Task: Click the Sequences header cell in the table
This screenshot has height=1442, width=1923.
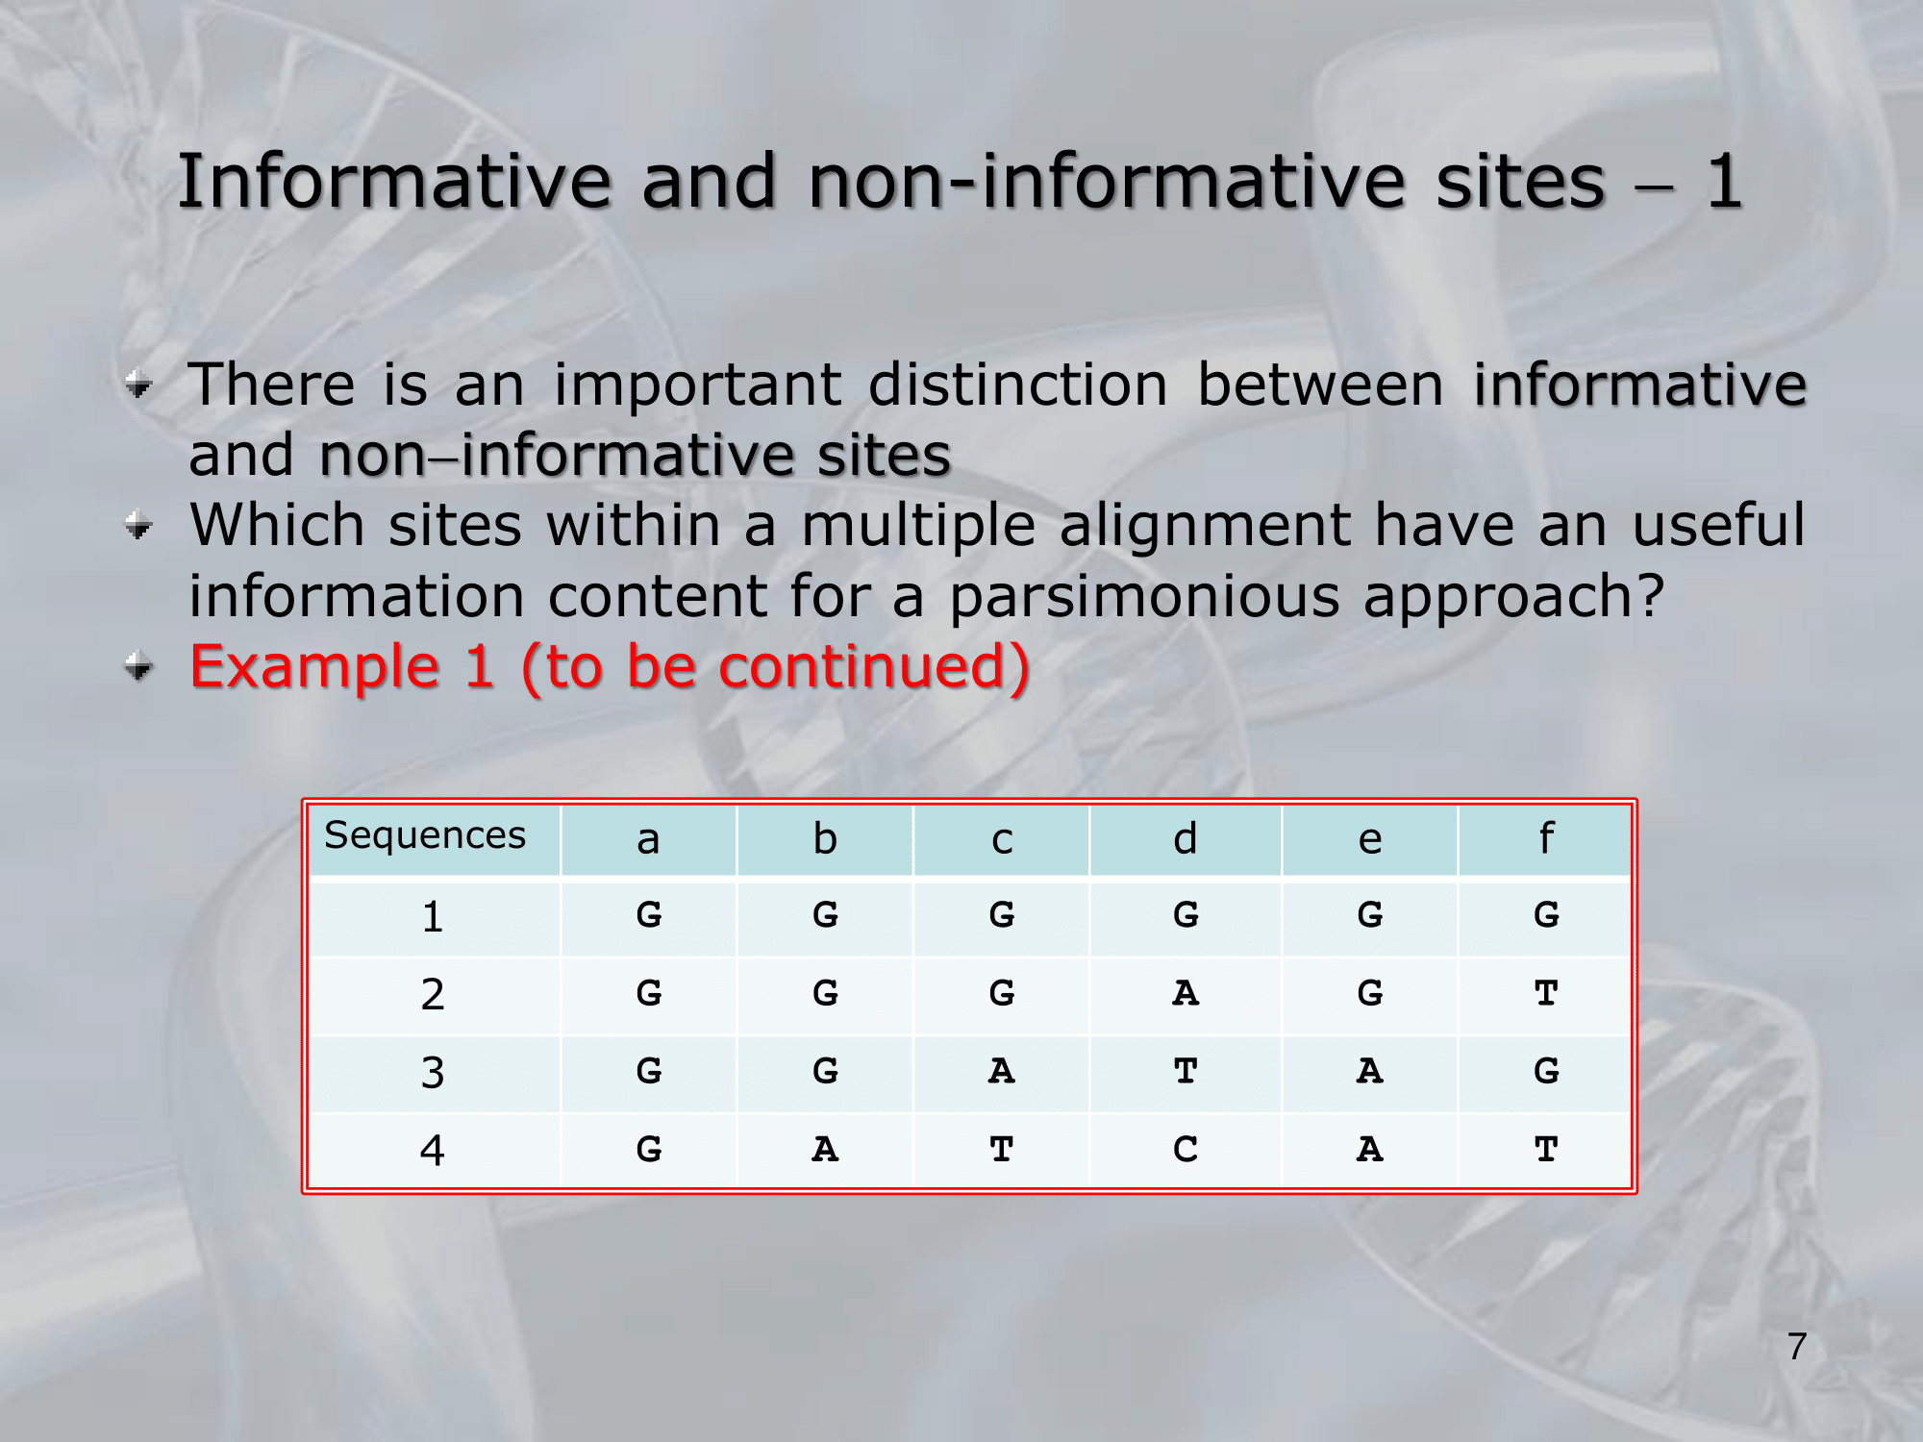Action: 425,835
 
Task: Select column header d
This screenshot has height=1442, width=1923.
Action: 1186,838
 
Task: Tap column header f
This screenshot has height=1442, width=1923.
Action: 1546,837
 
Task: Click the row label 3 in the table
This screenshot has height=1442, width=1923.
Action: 433,1072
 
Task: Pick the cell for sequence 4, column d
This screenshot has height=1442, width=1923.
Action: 1186,1149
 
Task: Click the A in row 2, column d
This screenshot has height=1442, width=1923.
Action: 1186,992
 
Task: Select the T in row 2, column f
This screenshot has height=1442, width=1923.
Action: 1546,992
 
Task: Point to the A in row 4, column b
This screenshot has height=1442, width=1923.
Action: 825,1149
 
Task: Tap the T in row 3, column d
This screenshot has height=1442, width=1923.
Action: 1186,1070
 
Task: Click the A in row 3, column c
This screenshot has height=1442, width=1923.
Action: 1002,1070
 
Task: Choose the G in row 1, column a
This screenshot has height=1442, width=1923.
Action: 649,914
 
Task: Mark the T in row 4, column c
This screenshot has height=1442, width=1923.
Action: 1002,1149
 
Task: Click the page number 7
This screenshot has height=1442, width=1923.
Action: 1797,1346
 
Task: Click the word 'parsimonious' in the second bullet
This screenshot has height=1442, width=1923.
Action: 1145,598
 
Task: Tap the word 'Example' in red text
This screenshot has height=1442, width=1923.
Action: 315,666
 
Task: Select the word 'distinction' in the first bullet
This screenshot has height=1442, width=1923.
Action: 1018,385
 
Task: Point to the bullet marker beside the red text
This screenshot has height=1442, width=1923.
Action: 139,665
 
